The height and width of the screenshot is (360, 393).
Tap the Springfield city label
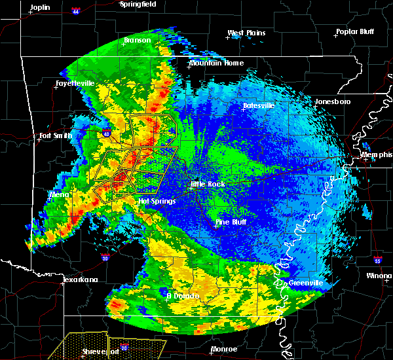click(x=139, y=4)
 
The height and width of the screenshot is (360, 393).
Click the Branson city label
click(x=137, y=40)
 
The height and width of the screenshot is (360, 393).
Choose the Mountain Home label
click(x=215, y=63)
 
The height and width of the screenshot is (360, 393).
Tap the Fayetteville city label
click(x=74, y=84)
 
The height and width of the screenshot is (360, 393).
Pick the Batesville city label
click(x=258, y=105)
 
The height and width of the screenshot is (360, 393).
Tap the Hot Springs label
click(x=157, y=201)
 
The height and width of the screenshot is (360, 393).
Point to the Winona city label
click(x=379, y=276)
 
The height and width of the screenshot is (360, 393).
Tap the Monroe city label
click(x=224, y=349)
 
